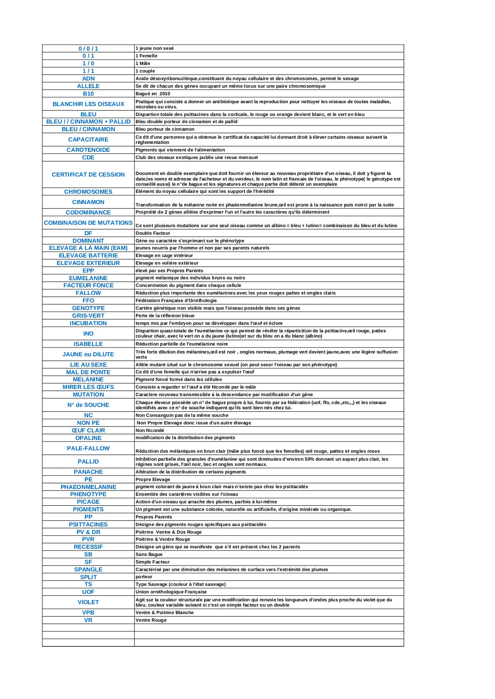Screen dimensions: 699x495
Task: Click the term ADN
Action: [88, 79]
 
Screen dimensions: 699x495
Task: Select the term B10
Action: [88, 94]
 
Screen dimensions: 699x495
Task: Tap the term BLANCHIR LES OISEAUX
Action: [88, 104]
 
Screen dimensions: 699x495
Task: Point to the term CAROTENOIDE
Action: [88, 150]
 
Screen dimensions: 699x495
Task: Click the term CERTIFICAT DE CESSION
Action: [88, 175]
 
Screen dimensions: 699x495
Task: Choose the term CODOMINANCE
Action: [88, 212]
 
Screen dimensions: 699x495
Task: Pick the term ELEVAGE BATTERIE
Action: [88, 255]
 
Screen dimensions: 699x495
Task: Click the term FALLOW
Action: [88, 293]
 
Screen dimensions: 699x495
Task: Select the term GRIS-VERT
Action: [88, 316]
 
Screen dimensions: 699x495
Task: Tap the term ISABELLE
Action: [88, 344]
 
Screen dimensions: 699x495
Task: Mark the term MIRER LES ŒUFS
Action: [88, 387]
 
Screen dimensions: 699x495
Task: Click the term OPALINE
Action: [88, 438]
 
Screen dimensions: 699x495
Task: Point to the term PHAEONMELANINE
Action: [88, 487]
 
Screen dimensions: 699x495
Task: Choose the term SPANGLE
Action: [88, 569]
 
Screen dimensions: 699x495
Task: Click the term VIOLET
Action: [88, 602]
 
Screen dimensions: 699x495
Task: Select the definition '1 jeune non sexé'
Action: [155, 48]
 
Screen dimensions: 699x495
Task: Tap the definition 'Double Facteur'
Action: [153, 233]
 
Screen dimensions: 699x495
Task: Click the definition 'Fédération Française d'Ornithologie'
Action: [176, 300]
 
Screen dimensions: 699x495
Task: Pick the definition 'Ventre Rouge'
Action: [151, 620]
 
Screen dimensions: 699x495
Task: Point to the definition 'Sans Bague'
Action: [149, 554]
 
